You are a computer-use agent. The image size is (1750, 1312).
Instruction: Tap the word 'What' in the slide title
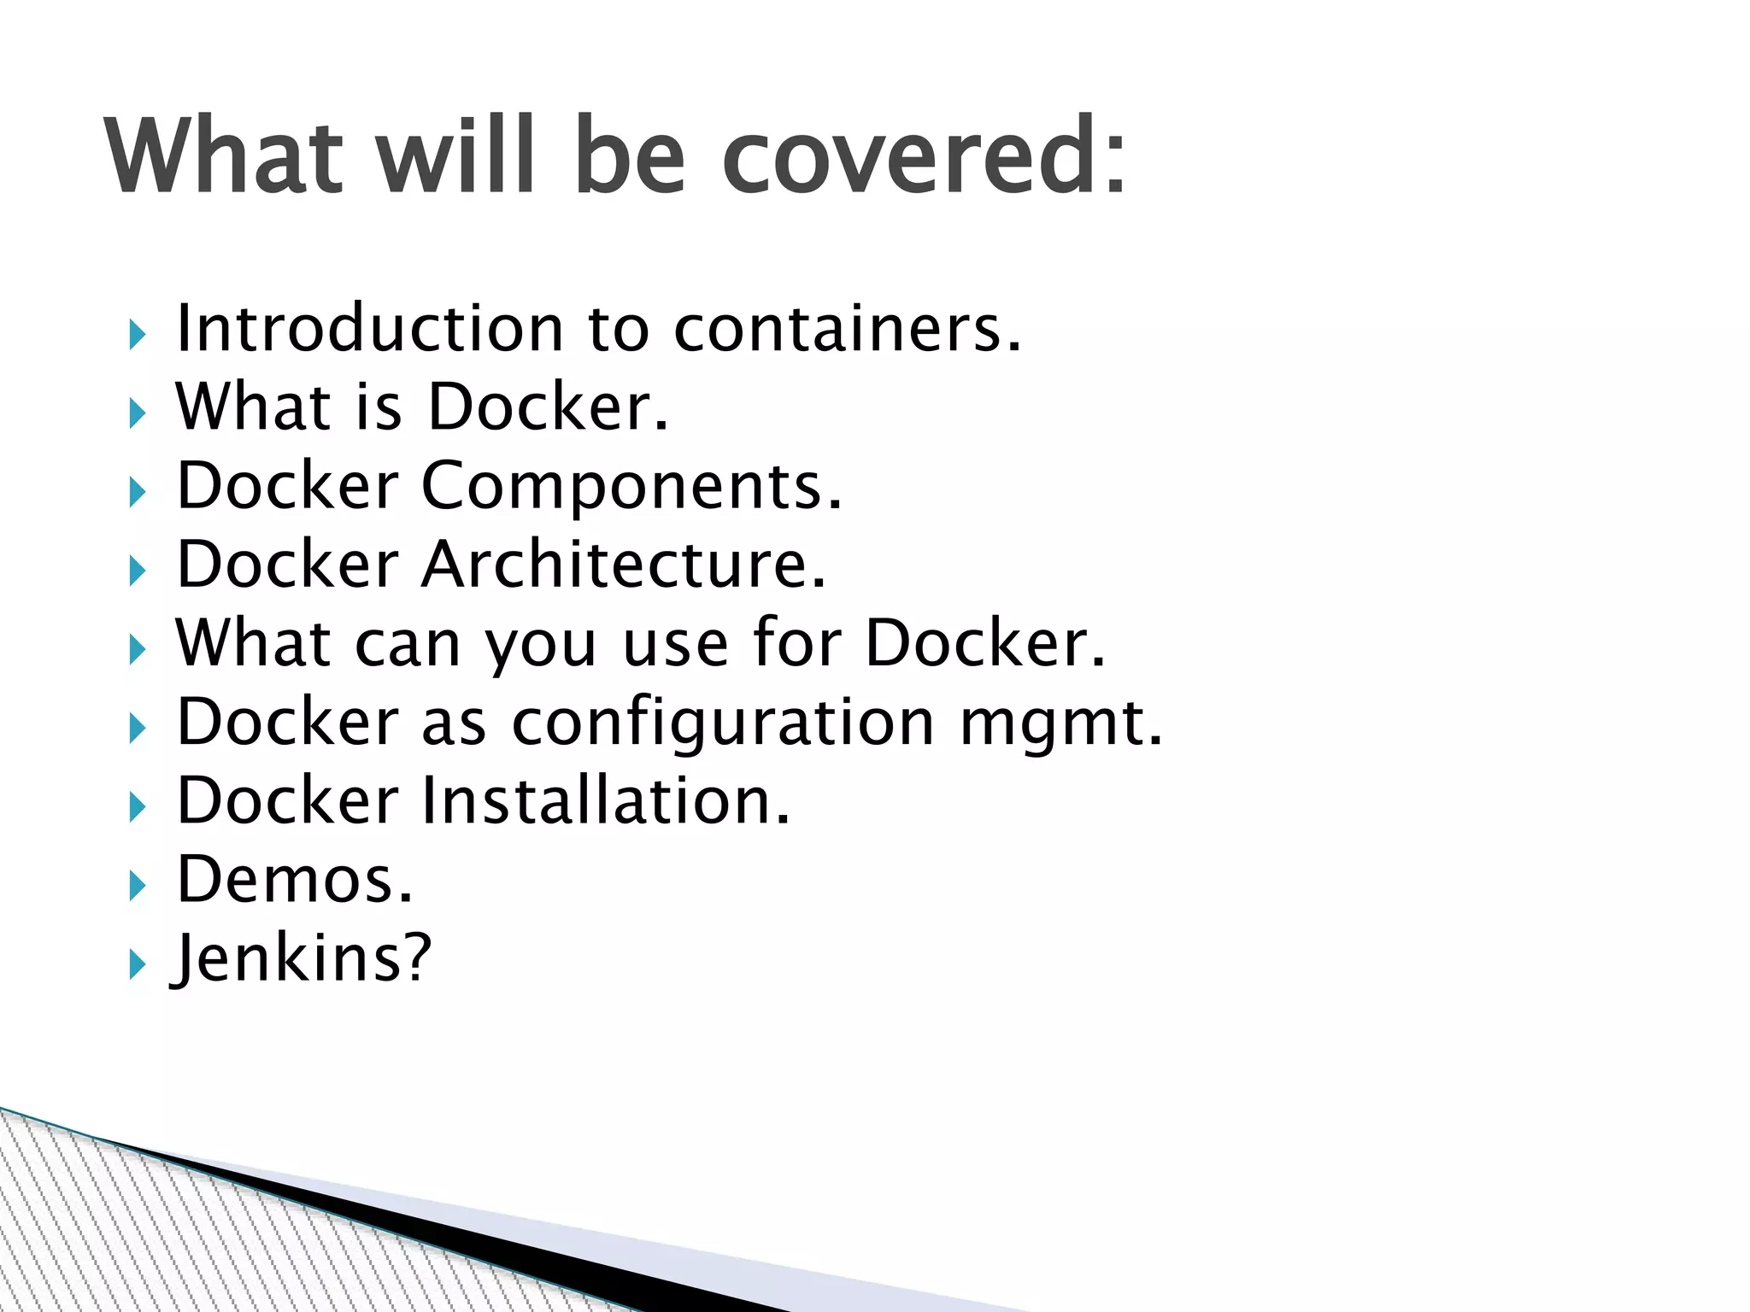click(x=224, y=155)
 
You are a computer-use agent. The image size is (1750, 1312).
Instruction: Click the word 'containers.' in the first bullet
click(x=848, y=328)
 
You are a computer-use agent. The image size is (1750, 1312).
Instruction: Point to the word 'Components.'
click(x=632, y=485)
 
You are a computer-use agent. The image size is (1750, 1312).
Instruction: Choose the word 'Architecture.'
click(x=625, y=564)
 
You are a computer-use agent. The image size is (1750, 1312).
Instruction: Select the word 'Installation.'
click(x=607, y=800)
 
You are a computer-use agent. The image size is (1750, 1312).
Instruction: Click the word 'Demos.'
click(x=295, y=879)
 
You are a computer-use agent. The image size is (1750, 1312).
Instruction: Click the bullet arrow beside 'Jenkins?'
click(x=138, y=965)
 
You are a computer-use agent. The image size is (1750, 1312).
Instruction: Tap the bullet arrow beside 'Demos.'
click(x=138, y=887)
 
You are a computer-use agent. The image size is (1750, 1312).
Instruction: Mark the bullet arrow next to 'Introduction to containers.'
click(x=138, y=335)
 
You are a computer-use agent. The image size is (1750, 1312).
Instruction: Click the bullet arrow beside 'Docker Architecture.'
click(x=138, y=571)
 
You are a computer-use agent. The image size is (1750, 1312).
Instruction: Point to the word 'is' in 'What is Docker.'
click(x=379, y=407)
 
